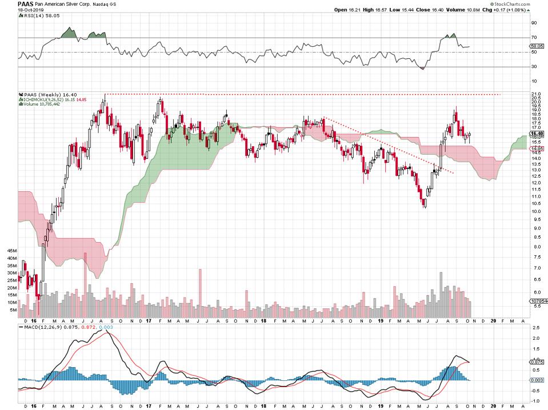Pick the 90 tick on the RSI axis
pos(534,23)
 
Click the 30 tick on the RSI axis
pos(534,67)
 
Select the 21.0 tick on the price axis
pos(536,94)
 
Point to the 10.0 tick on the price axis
pos(536,211)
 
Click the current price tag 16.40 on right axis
pos(537,134)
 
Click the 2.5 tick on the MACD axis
pos(534,329)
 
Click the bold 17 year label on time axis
pos(147,403)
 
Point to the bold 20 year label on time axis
pos(493,403)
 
